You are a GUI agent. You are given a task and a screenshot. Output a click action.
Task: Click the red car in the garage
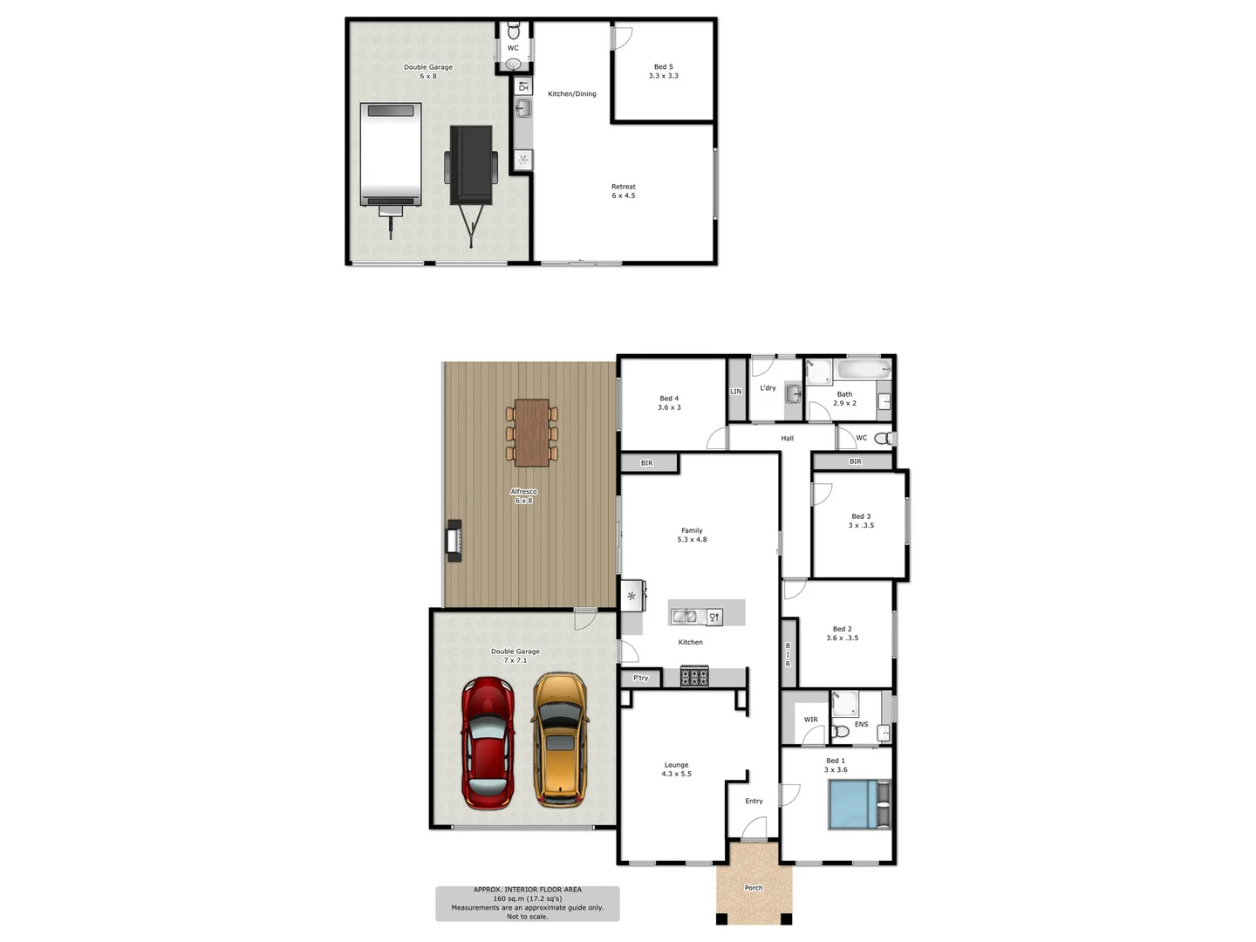click(x=487, y=743)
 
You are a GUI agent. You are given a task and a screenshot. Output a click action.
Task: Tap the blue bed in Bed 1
click(x=852, y=804)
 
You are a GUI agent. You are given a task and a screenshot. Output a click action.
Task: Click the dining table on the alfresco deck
click(x=531, y=433)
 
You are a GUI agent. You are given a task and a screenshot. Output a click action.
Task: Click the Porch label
click(x=754, y=888)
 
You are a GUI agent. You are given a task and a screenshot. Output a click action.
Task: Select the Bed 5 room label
click(x=663, y=67)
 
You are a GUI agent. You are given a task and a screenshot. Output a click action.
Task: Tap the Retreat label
click(x=624, y=187)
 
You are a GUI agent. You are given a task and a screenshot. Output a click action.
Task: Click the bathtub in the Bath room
click(x=862, y=370)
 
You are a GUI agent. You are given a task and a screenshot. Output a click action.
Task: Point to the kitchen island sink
click(x=684, y=617)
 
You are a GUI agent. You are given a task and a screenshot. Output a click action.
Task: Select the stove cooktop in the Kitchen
click(x=694, y=676)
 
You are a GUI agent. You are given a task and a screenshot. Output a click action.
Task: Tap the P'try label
click(x=641, y=678)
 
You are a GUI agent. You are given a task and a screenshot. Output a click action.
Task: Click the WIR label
click(x=811, y=720)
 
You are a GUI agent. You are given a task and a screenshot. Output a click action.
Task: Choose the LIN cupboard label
click(x=735, y=392)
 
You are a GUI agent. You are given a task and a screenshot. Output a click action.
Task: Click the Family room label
click(x=692, y=530)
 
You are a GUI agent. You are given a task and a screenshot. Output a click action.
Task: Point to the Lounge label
click(x=676, y=765)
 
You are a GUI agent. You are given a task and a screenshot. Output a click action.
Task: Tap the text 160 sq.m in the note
click(x=510, y=898)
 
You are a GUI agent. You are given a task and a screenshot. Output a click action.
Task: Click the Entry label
click(x=754, y=801)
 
